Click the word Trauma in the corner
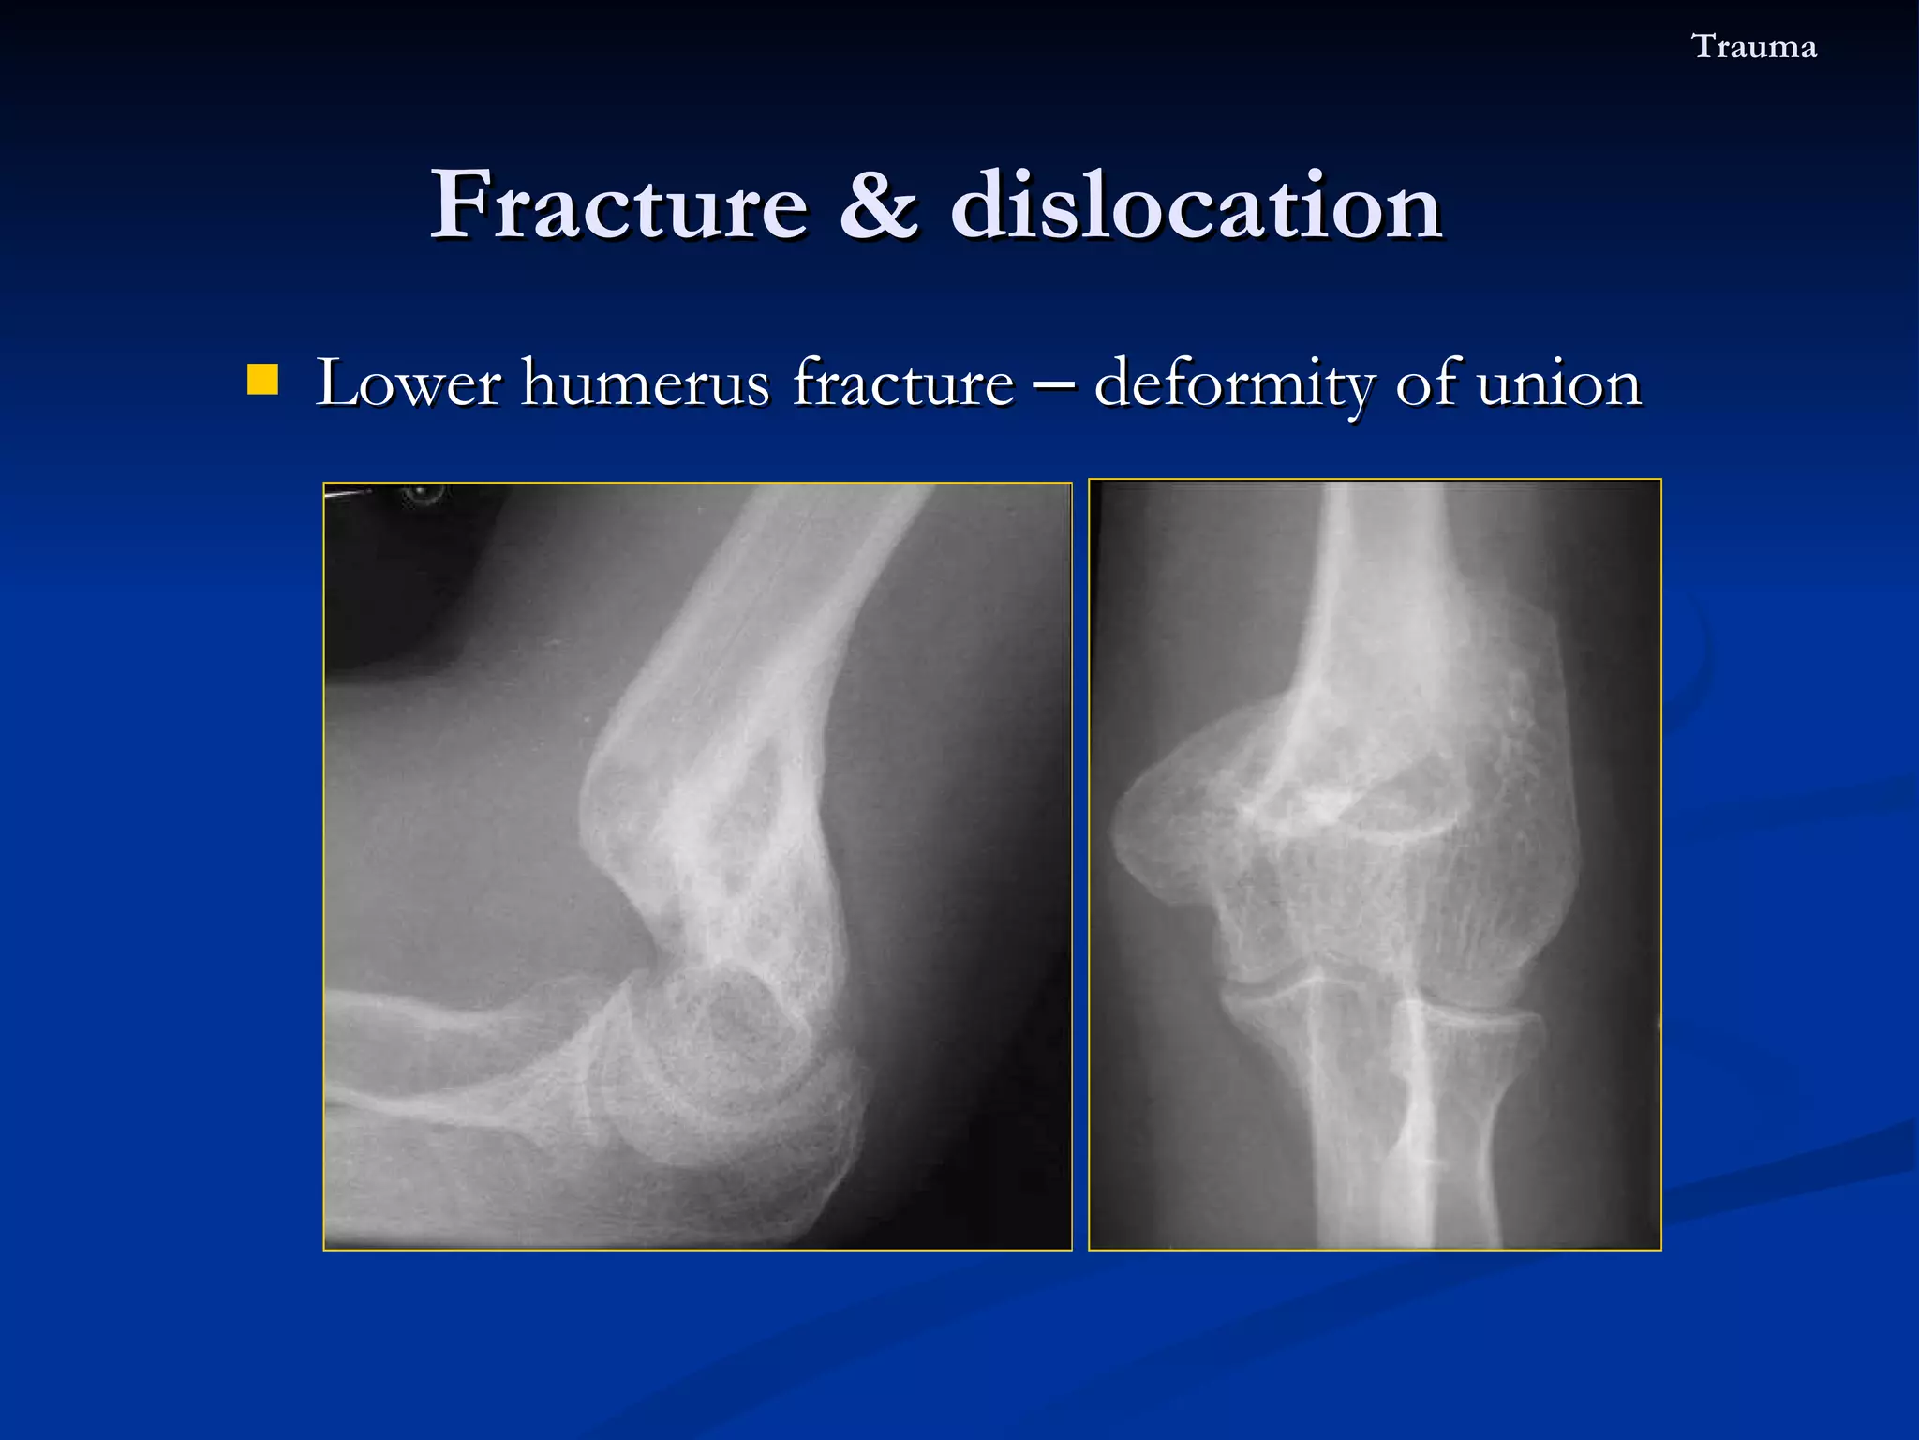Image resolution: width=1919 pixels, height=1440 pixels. (1753, 47)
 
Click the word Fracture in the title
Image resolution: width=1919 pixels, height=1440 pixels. (618, 205)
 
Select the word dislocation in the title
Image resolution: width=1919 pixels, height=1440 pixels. (1196, 205)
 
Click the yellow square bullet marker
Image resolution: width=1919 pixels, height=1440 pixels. (262, 381)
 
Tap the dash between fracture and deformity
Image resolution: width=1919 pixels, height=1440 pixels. (1054, 384)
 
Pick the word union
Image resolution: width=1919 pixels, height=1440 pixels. (1558, 384)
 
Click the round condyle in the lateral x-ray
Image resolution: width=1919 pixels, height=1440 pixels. (721, 1050)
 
